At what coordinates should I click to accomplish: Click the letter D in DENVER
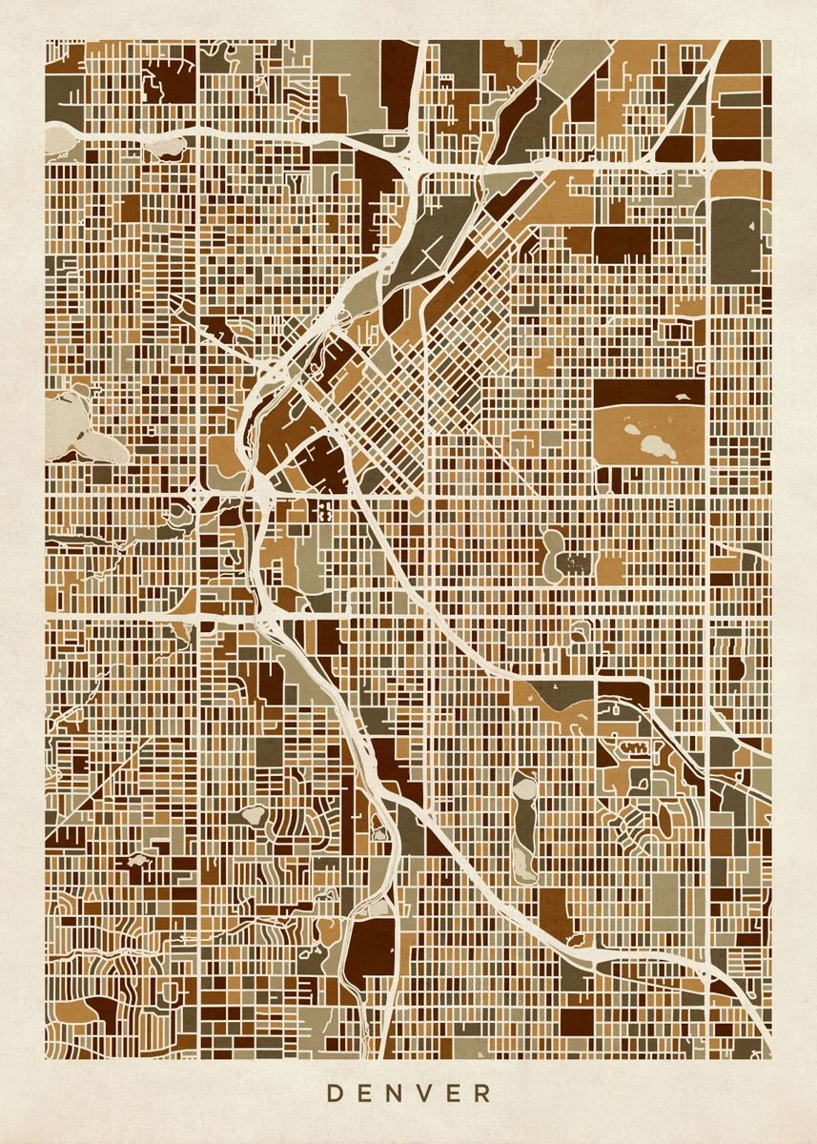coord(335,1093)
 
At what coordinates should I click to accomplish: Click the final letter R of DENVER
coord(483,1093)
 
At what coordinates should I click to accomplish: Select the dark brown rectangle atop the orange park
coord(648,392)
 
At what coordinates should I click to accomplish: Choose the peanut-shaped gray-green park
coord(554,552)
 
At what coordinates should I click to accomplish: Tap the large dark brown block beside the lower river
coord(374,947)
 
